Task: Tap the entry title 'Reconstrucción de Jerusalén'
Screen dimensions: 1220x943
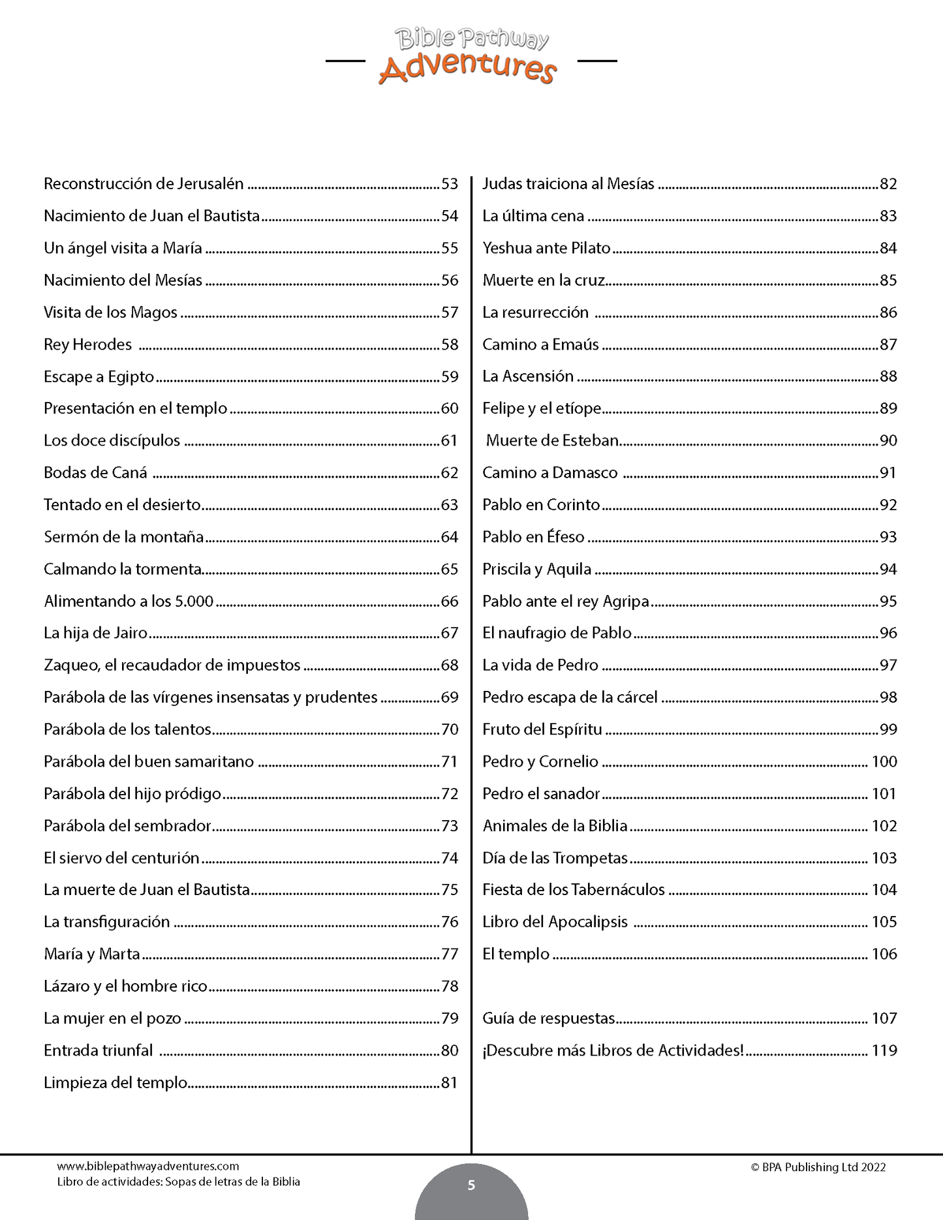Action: pos(144,184)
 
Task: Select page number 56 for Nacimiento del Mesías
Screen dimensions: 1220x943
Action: pos(450,281)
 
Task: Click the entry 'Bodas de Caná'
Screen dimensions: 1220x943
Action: pos(95,473)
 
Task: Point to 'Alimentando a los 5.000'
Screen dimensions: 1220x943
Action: pos(129,602)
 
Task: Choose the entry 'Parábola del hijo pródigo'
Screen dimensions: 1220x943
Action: pos(132,794)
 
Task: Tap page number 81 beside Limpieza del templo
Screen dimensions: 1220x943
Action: pos(450,1083)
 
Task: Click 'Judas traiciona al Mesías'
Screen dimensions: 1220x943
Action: pos(568,184)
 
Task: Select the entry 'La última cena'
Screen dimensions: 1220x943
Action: pos(533,216)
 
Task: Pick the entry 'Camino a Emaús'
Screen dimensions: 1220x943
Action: pos(540,344)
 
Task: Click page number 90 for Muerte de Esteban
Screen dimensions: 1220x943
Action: pos(888,441)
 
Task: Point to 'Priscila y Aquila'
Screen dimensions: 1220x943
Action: pos(536,570)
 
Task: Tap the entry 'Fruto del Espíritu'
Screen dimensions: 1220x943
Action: pos(542,729)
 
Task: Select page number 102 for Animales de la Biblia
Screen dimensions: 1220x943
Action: pos(884,826)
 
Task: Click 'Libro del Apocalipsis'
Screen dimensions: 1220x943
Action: pos(555,922)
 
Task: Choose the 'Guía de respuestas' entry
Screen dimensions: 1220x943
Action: pos(548,1018)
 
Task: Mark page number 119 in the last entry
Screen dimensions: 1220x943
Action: pos(884,1050)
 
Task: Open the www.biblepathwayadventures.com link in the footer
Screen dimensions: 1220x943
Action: pos(148,1166)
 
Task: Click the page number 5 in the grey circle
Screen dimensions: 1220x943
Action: pos(471,1185)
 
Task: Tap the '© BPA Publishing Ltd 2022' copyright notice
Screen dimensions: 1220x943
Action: pos(818,1167)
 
